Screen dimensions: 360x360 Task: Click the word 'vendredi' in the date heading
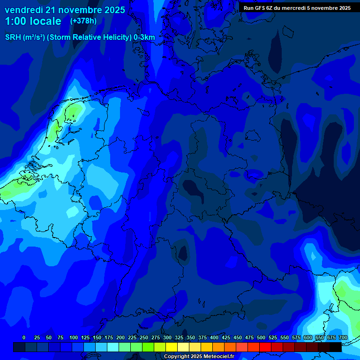[x=23, y=9]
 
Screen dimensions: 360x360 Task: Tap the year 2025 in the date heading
[x=113, y=9]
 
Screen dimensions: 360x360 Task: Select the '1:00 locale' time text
[x=33, y=21]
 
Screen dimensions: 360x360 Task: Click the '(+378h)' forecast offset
[x=83, y=21]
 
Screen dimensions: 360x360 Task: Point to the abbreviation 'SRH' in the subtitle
[x=13, y=37]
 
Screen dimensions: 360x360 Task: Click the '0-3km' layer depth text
[x=144, y=37]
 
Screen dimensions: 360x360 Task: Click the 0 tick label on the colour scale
[x=24, y=337]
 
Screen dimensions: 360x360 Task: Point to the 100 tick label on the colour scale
[x=74, y=337]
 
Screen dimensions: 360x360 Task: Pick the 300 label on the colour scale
[x=167, y=337]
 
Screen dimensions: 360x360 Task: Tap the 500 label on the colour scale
[x=261, y=337]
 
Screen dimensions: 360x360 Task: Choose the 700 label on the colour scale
[x=343, y=337]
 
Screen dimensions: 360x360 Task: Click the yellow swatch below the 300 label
[x=172, y=347]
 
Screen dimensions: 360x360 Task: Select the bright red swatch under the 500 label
[x=265, y=347]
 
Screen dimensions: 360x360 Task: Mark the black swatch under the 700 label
[x=336, y=347]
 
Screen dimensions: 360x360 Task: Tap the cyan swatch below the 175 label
[x=113, y=347]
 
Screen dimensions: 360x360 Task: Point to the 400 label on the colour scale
[x=214, y=337]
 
